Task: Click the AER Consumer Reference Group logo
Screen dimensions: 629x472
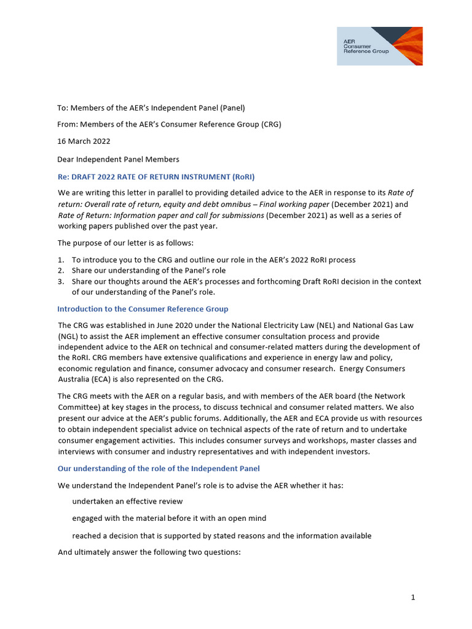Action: pyautogui.click(x=379, y=46)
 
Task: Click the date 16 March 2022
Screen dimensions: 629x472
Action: pyautogui.click(x=84, y=141)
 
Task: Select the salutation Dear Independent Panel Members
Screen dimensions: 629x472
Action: pyautogui.click(x=118, y=159)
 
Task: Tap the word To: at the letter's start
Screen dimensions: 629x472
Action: pyautogui.click(x=63, y=107)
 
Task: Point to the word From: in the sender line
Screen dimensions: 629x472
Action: pyautogui.click(x=68, y=124)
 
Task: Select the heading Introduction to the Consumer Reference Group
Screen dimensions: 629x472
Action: pyautogui.click(x=143, y=308)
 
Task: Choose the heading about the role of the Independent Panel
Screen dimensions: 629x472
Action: pyautogui.click(x=159, y=468)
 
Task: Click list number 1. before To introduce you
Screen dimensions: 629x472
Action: pyautogui.click(x=61, y=260)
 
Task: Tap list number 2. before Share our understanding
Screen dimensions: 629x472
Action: pyautogui.click(x=61, y=270)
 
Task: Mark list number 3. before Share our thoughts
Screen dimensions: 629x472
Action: pyautogui.click(x=61, y=281)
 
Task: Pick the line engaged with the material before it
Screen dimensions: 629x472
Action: pyautogui.click(x=169, y=518)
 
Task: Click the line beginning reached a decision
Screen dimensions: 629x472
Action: pyautogui.click(x=221, y=536)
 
